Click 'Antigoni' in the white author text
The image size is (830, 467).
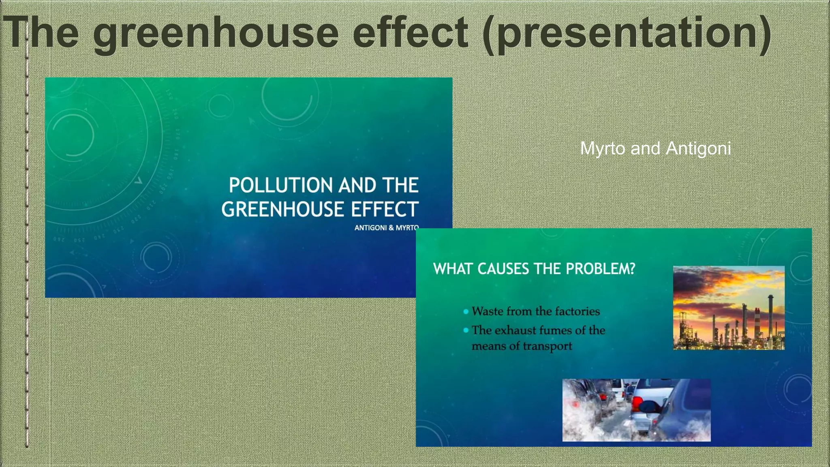698,148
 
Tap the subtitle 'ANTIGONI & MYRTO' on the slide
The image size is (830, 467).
386,228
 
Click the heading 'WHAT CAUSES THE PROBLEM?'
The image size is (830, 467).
534,269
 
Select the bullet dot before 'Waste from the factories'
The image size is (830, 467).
466,311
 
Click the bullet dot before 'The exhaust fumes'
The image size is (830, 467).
466,330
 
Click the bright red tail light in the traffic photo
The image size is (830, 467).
637,403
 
